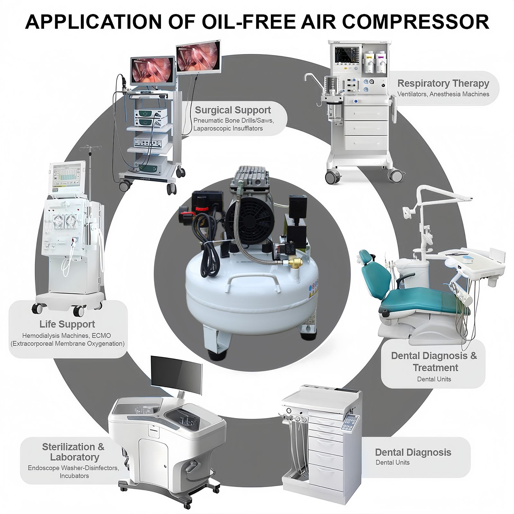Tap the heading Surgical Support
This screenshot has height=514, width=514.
coord(233,110)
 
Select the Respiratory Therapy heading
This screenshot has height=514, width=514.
coord(443,83)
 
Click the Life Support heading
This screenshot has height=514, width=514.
coord(67,324)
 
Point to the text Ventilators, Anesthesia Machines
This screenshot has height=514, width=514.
coord(443,94)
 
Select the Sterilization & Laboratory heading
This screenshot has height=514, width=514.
coord(73,452)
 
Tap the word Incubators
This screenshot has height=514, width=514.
coord(74,476)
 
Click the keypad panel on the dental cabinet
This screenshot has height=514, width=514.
coord(350,423)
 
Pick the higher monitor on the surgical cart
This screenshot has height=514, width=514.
coord(199,57)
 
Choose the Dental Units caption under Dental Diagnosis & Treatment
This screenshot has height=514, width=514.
coord(434,379)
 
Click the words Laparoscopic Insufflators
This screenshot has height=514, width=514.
coord(228,128)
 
